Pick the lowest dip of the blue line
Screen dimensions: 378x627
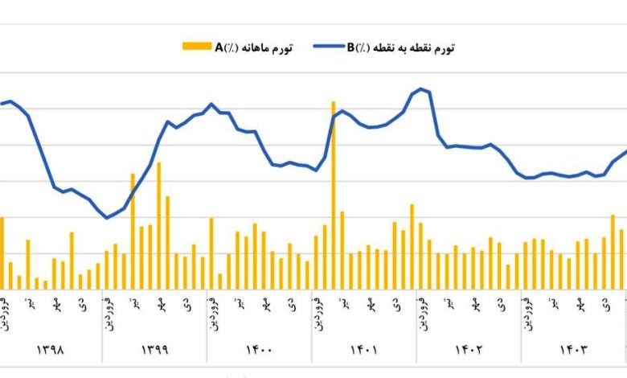(107, 217)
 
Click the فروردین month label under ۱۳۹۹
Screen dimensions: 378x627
(107, 311)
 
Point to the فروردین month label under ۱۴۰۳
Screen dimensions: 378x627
(527, 311)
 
